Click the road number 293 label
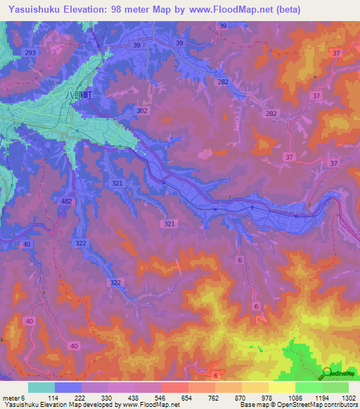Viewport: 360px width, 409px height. click(x=30, y=53)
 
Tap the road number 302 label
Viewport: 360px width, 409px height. click(x=143, y=111)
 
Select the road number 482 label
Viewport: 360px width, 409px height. click(x=67, y=202)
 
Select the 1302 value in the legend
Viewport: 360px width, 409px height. click(x=347, y=398)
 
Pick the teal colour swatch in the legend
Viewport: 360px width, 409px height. click(x=41, y=387)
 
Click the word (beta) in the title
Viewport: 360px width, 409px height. click(x=288, y=10)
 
